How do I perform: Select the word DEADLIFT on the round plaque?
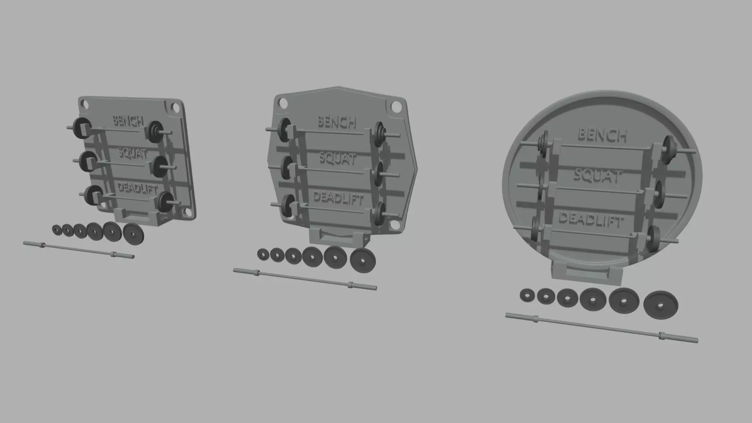[x=590, y=220]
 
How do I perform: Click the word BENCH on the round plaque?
[x=602, y=135]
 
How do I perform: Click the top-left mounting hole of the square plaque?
[x=84, y=104]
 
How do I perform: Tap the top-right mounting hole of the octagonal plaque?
[x=396, y=106]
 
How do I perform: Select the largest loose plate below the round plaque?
[x=661, y=305]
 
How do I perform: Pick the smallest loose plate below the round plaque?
[x=527, y=295]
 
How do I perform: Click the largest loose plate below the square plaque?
[x=133, y=234]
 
